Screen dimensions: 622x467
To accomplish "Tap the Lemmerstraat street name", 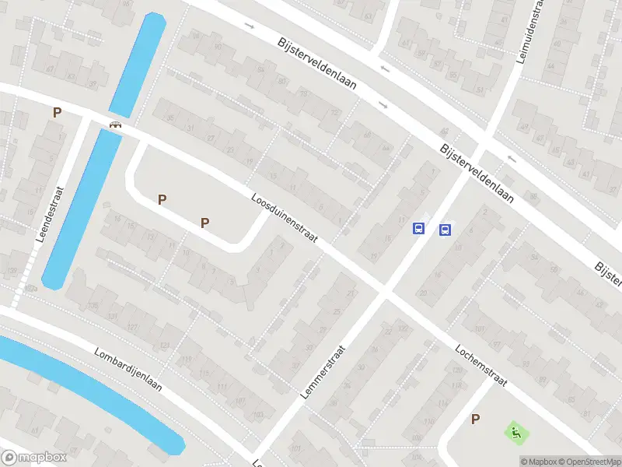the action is tap(322, 373).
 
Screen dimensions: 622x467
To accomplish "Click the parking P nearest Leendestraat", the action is tap(57, 113).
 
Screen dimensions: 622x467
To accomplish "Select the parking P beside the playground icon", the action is tap(475, 420).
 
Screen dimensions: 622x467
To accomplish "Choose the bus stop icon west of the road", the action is tap(418, 229).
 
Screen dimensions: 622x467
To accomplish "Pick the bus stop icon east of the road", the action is tap(445, 230).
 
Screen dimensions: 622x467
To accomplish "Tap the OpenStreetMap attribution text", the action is tap(590, 462).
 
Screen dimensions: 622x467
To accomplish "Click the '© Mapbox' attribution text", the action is tap(540, 462).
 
